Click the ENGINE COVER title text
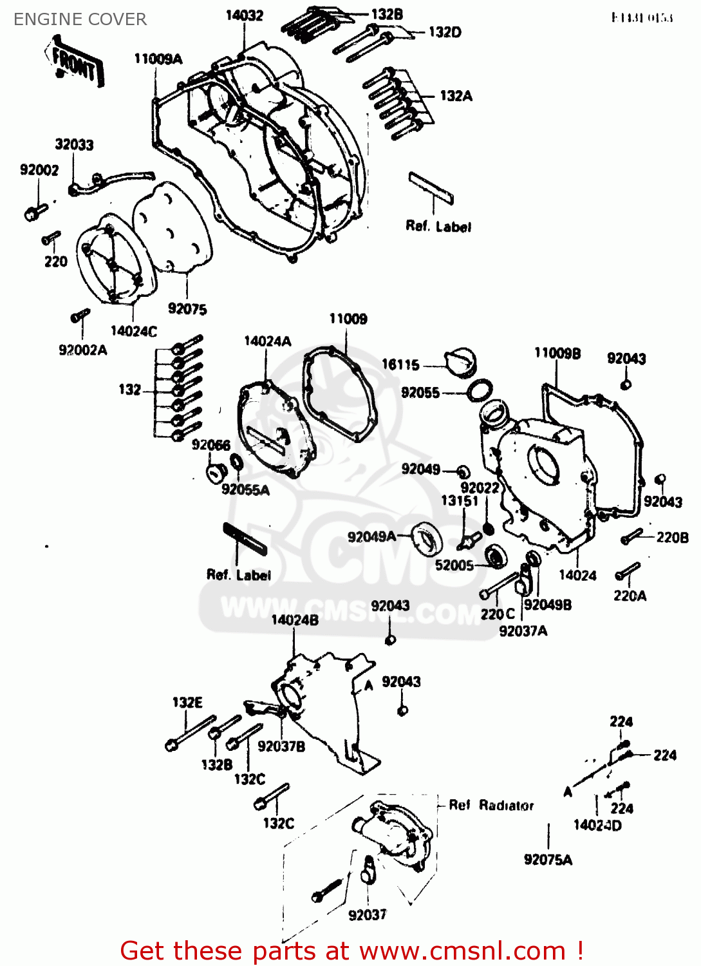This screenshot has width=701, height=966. pos(80,19)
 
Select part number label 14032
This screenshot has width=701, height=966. pos(244,15)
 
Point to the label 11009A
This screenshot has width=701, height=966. pos(158,59)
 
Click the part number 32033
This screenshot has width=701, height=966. pos(74,144)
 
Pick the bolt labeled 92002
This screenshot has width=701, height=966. pos(35,211)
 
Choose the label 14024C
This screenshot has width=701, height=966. pos(133,331)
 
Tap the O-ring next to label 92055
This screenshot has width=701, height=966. pos(480,390)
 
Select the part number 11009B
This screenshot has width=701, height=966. pos(557,353)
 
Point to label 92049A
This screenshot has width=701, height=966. pos(371,536)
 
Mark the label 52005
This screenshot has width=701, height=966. pos(454,565)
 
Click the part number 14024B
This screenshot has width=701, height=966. pos(295,620)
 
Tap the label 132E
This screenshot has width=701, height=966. pos(187,702)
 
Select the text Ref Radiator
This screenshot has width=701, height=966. pos(491,805)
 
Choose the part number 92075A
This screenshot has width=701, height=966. pos(548,860)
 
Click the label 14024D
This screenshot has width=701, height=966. pos(597,825)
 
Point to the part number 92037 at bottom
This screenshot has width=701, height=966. pos(367,914)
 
